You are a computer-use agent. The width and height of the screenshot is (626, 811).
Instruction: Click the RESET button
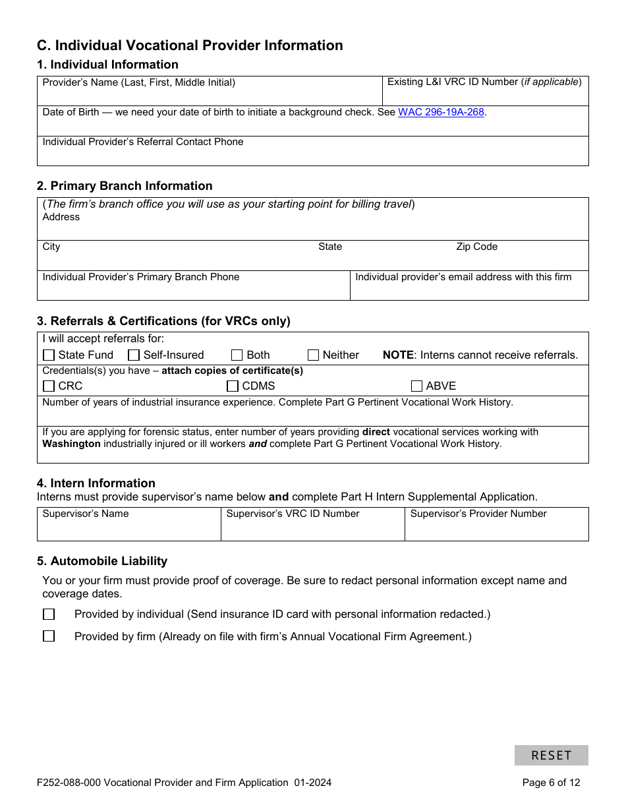551,755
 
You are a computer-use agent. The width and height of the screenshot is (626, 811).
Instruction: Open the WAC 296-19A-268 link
441,112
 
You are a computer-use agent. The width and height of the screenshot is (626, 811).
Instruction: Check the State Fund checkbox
49,355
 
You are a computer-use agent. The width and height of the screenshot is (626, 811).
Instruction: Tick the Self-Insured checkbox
134,355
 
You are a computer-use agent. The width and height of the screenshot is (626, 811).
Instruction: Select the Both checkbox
237,355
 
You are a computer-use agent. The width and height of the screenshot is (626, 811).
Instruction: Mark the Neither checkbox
313,355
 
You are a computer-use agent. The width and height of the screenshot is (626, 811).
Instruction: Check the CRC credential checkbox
49,386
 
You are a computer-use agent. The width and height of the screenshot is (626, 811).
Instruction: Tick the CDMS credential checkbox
233,386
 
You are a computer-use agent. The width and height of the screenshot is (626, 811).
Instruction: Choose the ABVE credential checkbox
416,386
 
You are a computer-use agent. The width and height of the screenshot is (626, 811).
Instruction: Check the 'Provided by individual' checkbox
49,615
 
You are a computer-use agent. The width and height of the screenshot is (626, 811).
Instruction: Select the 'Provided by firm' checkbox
49,636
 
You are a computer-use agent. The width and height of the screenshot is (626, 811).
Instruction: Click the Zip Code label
476,247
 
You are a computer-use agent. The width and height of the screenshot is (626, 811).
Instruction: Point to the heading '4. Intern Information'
96,483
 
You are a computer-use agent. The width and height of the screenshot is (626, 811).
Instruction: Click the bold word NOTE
398,355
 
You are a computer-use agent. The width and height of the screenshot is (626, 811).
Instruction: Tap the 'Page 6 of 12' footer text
551,783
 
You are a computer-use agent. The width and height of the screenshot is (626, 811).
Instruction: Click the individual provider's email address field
469,291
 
